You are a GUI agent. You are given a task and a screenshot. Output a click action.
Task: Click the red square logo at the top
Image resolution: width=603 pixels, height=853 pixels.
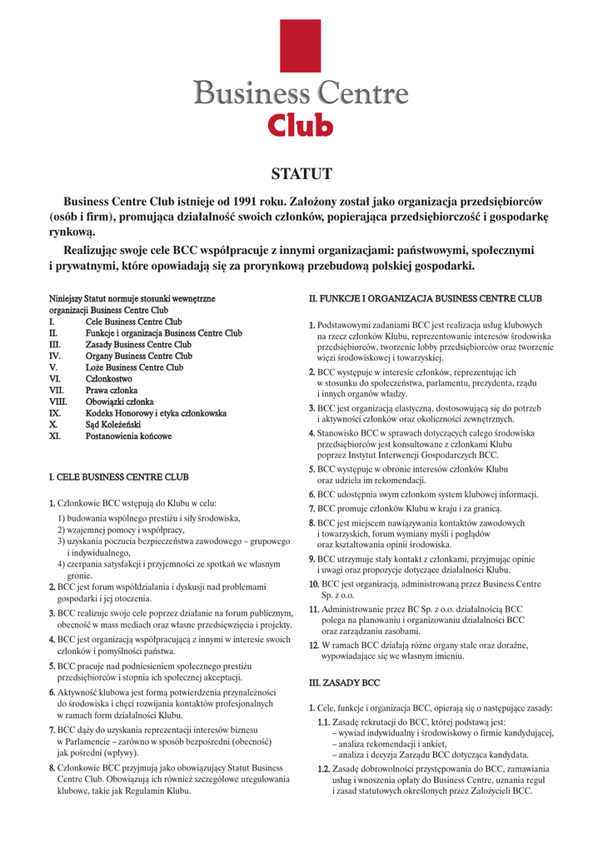click(x=301, y=46)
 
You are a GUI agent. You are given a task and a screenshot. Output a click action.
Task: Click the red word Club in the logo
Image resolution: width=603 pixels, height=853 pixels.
click(x=300, y=125)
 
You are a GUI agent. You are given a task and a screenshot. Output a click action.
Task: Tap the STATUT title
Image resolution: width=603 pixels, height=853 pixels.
click(x=301, y=174)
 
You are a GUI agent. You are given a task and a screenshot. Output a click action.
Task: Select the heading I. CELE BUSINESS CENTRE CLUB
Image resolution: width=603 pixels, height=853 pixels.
click(x=119, y=477)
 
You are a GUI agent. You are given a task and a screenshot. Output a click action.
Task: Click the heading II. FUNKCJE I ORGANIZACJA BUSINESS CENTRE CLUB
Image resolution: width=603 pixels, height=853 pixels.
click(x=426, y=297)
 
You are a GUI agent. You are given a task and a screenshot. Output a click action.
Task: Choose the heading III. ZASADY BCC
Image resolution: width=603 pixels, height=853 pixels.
click(x=344, y=682)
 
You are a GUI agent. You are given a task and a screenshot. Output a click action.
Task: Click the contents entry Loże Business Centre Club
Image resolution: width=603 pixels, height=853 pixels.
click(x=134, y=367)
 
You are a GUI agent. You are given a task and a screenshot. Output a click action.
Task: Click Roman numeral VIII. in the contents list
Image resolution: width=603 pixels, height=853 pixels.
click(x=57, y=402)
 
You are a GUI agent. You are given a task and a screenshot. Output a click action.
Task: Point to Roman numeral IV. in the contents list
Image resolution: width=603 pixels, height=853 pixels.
click(x=55, y=356)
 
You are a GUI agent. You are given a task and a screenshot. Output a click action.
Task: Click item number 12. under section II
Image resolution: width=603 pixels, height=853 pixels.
click(x=315, y=646)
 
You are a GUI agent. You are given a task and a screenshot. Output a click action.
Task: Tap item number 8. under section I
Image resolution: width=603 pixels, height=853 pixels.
click(x=52, y=768)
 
